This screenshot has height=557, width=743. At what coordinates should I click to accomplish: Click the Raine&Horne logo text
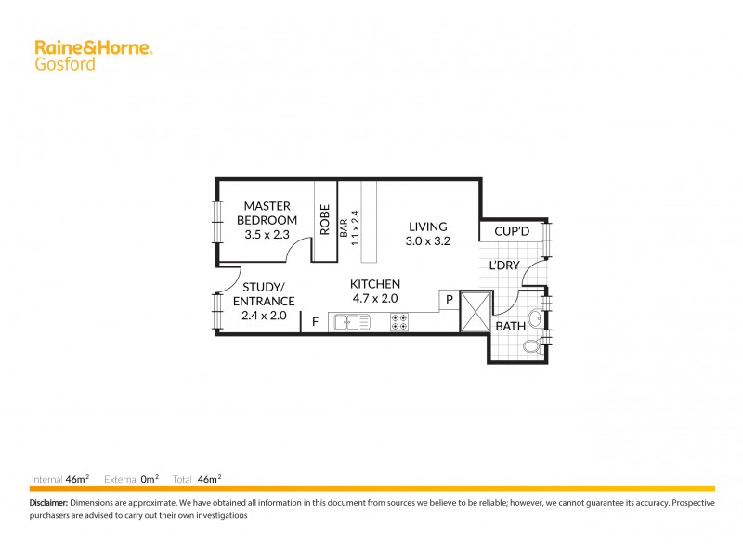tap(93, 47)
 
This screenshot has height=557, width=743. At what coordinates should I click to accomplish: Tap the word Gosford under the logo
tap(64, 64)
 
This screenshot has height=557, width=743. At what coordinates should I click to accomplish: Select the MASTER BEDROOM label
tap(267, 213)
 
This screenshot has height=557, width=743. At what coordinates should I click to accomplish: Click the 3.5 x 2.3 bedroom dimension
tap(267, 235)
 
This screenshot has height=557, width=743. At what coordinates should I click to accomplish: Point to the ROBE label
tap(325, 219)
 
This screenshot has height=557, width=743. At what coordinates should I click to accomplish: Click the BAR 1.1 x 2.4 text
tap(348, 226)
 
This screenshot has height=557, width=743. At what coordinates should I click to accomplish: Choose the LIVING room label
tap(427, 227)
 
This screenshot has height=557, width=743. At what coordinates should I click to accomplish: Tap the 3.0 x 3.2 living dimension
tap(427, 241)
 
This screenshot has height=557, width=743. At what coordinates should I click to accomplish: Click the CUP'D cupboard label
tap(512, 231)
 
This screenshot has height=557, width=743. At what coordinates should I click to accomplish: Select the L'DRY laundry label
tap(504, 266)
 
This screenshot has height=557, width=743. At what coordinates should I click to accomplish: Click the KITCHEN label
tap(374, 284)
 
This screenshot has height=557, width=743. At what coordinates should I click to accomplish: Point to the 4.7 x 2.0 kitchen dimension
tap(374, 299)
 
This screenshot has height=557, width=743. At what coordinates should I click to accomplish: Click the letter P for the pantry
tap(450, 300)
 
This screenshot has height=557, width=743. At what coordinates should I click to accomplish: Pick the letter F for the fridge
tap(315, 322)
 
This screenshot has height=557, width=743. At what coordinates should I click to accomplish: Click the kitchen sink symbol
tap(349, 322)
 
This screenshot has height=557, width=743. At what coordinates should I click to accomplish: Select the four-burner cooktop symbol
tap(400, 322)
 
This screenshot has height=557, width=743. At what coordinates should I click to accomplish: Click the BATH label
tap(510, 327)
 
